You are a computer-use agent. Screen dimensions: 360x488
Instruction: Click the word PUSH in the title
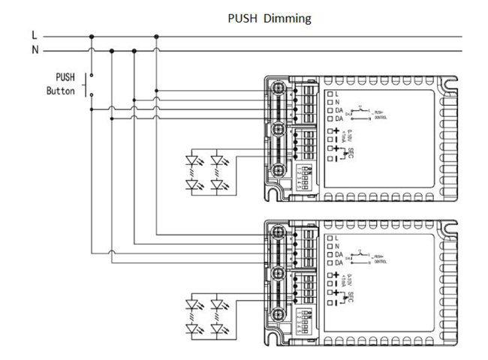tap(242, 18)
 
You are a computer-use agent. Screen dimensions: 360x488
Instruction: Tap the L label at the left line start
tap(34, 35)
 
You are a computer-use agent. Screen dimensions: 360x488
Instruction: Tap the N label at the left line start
tap(34, 50)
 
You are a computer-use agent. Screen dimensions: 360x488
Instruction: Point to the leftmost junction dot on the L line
tap(92, 35)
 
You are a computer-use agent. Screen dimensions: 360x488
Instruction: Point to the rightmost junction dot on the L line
tap(155, 35)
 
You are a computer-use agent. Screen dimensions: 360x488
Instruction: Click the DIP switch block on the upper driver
tap(304, 170)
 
